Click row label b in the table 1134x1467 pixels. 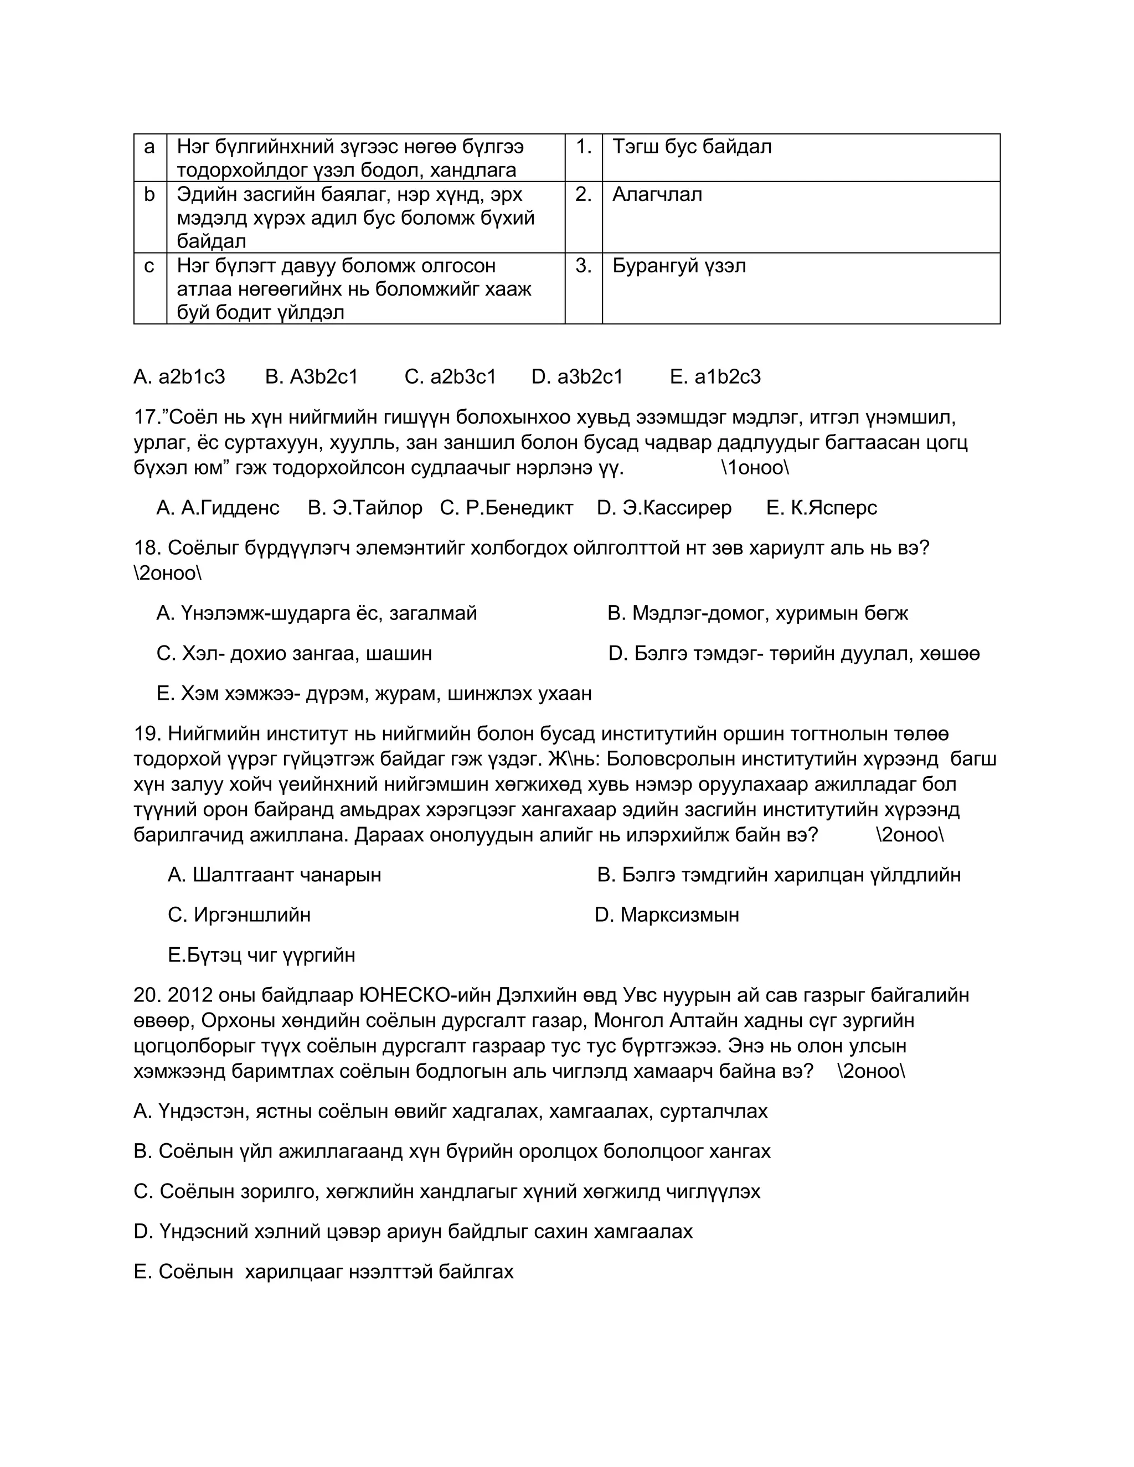click(149, 195)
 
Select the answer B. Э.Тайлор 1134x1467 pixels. click(365, 508)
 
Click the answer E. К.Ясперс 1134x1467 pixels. click(821, 508)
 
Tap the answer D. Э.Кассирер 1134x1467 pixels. click(664, 508)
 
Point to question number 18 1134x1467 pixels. click(146, 548)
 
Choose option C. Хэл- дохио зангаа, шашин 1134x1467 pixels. click(293, 654)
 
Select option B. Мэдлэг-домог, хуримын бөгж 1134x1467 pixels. click(757, 613)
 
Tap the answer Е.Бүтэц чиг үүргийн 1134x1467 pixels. click(261, 955)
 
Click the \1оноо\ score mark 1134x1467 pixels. click(755, 468)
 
